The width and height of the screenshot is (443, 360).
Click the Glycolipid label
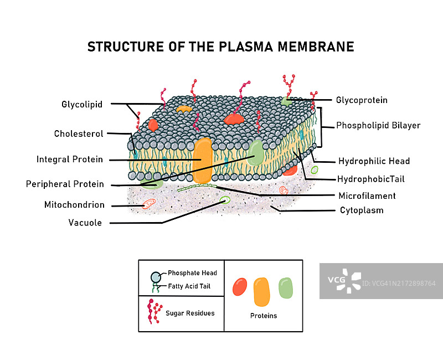[82, 104]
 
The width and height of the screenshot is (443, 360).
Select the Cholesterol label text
[79, 133]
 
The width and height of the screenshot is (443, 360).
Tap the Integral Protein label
[70, 160]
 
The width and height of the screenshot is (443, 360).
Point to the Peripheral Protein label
[65, 184]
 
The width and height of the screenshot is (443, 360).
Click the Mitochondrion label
[74, 205]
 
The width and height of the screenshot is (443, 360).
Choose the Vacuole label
[85, 223]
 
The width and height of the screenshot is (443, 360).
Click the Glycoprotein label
[362, 100]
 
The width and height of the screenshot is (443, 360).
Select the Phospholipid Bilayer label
[378, 125]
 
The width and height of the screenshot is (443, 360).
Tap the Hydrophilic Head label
[374, 161]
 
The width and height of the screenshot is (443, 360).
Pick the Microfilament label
[367, 196]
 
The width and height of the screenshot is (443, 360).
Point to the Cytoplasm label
[362, 210]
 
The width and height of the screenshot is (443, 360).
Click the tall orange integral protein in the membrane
[203, 161]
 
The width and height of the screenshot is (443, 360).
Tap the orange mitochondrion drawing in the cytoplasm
[149, 204]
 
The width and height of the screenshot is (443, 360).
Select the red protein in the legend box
[240, 286]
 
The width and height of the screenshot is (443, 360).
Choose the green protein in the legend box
[285, 287]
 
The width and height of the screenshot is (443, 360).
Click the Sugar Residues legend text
[190, 313]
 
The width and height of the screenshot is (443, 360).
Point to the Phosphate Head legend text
[192, 273]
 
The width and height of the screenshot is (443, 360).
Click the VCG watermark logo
[344, 281]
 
